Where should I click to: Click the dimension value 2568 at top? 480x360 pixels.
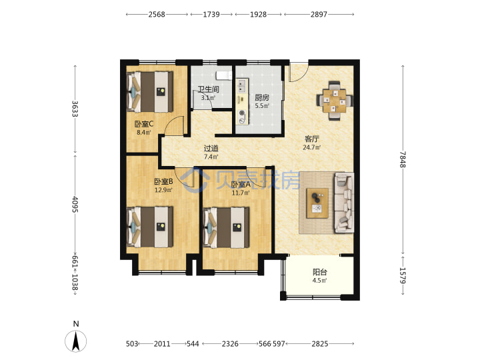(157, 15)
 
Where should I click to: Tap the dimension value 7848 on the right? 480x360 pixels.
(403, 159)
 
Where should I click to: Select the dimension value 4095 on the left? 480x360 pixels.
(75, 204)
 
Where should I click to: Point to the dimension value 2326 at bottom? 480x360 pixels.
(230, 344)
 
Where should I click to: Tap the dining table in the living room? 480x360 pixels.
(335, 100)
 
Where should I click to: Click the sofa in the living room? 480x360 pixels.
(344, 203)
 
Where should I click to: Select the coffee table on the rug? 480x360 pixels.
(317, 203)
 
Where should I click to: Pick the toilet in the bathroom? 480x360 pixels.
(224, 75)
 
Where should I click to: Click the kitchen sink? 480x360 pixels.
(242, 86)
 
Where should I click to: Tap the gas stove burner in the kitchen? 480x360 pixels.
(242, 117)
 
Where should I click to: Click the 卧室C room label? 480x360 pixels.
(144, 124)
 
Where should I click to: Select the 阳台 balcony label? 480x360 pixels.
(320, 272)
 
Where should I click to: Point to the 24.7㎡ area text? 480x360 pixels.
(311, 147)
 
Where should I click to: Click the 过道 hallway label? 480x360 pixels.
(211, 149)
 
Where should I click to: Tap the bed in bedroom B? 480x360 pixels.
(150, 227)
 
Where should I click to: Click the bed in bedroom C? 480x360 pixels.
(150, 92)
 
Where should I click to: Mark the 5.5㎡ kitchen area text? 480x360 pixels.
(262, 106)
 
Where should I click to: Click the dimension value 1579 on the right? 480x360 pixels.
(403, 275)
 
